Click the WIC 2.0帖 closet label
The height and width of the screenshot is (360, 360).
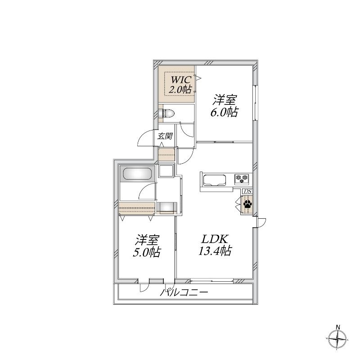pos(180,84)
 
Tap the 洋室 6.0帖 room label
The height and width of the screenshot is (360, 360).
pos(224,106)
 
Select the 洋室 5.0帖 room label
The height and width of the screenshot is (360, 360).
pos(147,246)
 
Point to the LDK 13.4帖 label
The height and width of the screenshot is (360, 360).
pos(215,245)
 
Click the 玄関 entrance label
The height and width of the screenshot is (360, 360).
pos(165,136)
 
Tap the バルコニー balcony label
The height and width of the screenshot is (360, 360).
pos(184,292)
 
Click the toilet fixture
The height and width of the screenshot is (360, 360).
pos(166,113)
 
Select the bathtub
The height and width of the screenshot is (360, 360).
pos(137,174)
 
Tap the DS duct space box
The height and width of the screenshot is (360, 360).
pos(247,191)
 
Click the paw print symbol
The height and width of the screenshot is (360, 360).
pos(247,204)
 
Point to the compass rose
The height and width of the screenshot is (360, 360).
pos(337,339)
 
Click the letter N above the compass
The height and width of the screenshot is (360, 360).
pos(338,327)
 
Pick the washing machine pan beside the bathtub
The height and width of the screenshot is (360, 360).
pos(166,171)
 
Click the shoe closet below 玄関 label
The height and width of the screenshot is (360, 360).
pos(166,154)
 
